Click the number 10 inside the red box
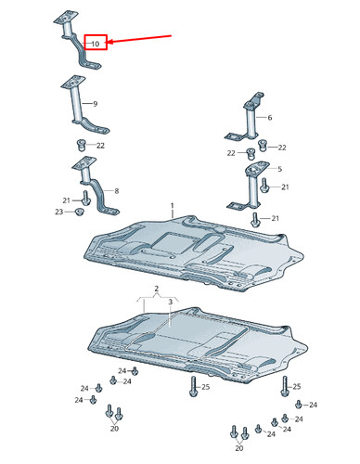[x=96, y=44]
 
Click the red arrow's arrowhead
[x=110, y=42]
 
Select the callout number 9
[x=96, y=104]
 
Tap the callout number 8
[x=117, y=191]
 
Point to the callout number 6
[x=270, y=118]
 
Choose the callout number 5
[x=280, y=169]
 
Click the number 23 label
[x=59, y=212]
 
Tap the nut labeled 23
[x=80, y=212]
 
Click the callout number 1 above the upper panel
[x=173, y=206]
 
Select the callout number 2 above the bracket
[x=157, y=289]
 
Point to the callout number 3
[x=171, y=302]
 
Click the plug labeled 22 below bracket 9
[x=81, y=145]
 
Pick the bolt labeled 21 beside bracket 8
[x=85, y=198]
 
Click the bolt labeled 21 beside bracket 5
[x=264, y=185]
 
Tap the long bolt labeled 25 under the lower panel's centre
[x=194, y=386]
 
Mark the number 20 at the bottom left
[x=114, y=429]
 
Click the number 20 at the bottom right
[x=239, y=448]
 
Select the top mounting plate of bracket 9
[x=73, y=82]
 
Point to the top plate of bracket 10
[x=66, y=18]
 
